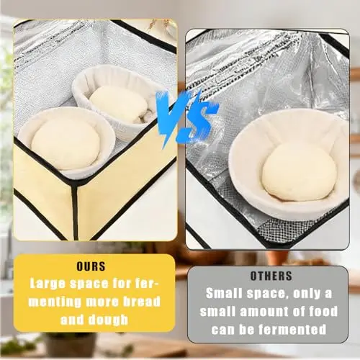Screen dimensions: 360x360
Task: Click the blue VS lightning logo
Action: click(186, 117)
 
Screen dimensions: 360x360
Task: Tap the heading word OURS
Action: click(91, 266)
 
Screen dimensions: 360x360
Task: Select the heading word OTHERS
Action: click(271, 276)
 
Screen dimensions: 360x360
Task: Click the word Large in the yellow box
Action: click(48, 284)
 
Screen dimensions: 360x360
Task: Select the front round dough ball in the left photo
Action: click(66, 143)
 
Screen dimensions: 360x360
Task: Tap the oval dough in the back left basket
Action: click(119, 103)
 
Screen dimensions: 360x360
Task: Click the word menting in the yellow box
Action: click(55, 302)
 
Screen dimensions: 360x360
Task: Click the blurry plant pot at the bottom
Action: click(70, 346)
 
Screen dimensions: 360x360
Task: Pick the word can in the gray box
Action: click(222, 330)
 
